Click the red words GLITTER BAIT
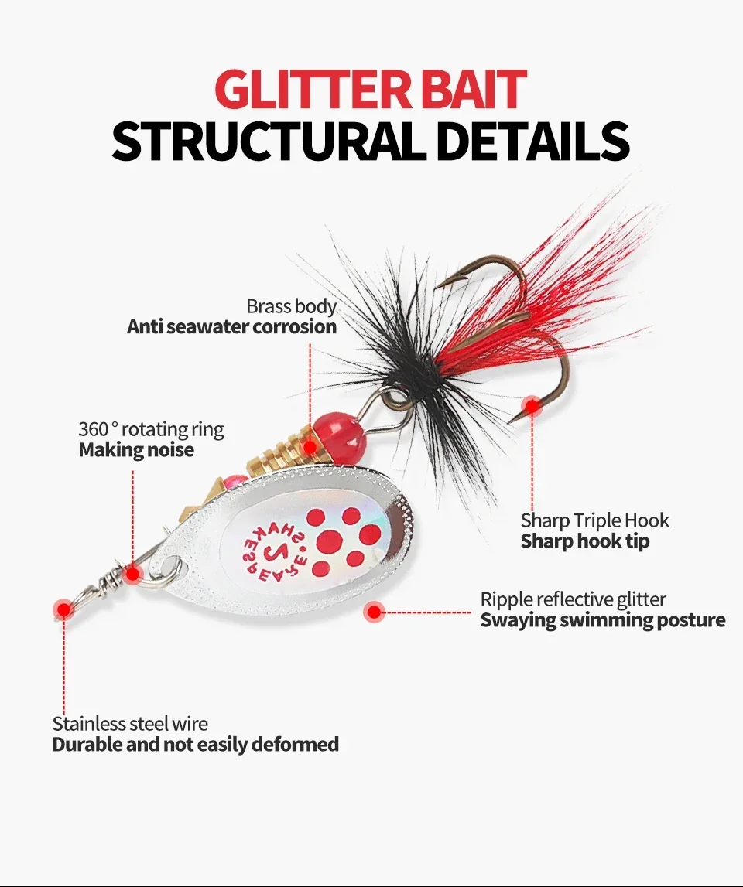(x=371, y=89)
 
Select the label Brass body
(x=291, y=306)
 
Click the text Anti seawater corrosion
(x=231, y=326)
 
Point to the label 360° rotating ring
(x=151, y=429)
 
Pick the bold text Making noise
(x=136, y=449)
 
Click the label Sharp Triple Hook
(x=594, y=520)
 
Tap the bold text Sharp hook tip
(x=584, y=541)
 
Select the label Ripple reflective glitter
(x=573, y=599)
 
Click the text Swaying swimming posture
(x=602, y=619)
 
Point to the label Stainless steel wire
(x=130, y=724)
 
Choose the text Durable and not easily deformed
(x=195, y=745)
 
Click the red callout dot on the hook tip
(x=532, y=405)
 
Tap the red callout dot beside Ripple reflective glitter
(x=375, y=612)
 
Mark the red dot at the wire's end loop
(x=63, y=609)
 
